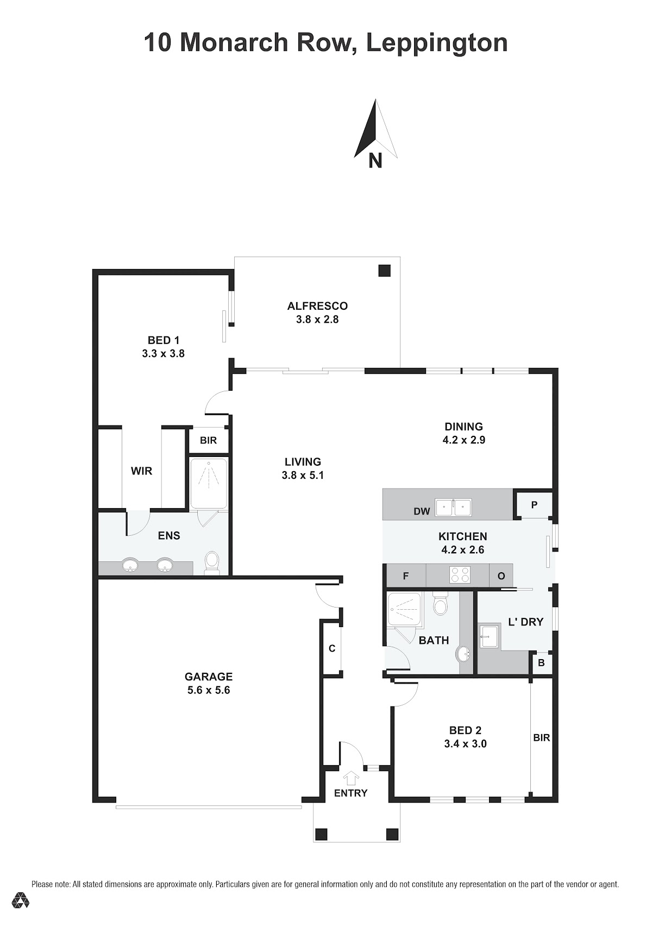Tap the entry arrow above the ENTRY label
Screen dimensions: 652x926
point(351,778)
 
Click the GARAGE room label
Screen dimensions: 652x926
point(209,677)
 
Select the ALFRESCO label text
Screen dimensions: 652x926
point(317,306)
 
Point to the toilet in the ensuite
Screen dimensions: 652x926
point(212,562)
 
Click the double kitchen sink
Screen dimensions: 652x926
point(454,508)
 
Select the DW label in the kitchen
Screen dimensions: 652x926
point(422,511)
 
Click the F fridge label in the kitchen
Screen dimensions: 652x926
point(405,575)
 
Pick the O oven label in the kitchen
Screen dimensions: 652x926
point(501,576)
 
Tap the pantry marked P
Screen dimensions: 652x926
point(534,504)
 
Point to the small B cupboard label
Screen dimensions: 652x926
point(541,662)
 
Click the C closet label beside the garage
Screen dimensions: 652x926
point(332,649)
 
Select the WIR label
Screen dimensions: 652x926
point(141,471)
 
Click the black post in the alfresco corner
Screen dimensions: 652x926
point(385,271)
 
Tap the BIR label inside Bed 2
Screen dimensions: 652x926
point(542,737)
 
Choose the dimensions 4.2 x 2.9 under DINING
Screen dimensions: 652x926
point(463,440)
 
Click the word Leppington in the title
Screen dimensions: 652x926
point(437,42)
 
